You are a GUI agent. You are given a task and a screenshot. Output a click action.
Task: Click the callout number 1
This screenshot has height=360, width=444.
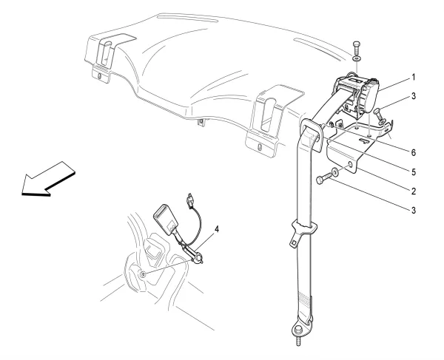click(414, 77)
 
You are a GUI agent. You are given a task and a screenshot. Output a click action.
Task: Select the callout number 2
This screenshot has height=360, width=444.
click(414, 191)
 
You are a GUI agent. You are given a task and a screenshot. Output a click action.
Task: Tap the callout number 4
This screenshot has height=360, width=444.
click(217, 229)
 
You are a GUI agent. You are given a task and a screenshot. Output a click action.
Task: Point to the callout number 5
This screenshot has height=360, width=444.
click(414, 172)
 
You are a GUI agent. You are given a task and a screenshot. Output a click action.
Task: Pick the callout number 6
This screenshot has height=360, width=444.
click(414, 153)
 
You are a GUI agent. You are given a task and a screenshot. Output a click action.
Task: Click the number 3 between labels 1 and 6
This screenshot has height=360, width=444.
click(414, 96)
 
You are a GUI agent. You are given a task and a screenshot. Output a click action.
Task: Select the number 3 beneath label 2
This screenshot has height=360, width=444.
click(414, 211)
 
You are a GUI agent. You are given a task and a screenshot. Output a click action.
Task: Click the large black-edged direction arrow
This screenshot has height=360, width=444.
click(48, 179)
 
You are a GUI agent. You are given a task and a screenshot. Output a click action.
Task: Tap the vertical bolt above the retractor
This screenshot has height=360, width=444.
click(356, 48)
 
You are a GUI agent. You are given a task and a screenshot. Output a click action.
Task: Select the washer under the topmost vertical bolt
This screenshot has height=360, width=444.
click(357, 59)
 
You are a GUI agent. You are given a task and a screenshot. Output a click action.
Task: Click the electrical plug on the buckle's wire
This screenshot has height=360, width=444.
click(189, 200)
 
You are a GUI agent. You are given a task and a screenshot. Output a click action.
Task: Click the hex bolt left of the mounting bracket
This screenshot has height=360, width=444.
click(323, 178)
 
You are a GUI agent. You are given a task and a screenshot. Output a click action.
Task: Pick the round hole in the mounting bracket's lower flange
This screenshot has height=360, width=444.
click(350, 164)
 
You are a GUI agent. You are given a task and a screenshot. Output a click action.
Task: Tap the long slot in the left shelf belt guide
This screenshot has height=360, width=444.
click(106, 53)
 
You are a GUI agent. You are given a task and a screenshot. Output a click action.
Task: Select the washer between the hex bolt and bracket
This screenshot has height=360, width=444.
click(335, 171)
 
